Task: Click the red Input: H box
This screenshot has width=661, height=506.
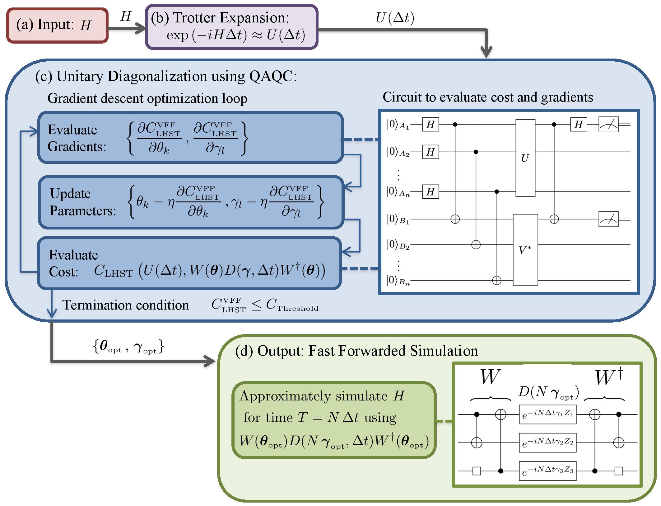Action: tap(58, 25)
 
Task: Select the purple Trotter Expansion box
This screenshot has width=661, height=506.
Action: tap(232, 26)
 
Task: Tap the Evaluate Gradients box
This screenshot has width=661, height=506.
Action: tap(190, 138)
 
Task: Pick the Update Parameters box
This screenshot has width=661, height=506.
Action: tap(191, 202)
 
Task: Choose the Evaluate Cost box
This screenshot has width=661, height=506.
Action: tap(189, 263)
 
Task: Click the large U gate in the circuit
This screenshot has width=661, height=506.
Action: tap(525, 158)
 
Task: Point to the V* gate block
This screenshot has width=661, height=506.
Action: tap(525, 250)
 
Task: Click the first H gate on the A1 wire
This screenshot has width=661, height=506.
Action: tap(431, 125)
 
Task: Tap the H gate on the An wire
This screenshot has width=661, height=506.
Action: tap(431, 192)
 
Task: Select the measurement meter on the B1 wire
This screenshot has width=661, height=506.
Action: tap(608, 219)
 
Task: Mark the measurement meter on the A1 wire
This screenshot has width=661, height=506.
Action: tap(608, 125)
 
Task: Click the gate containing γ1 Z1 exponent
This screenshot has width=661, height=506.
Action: tap(547, 414)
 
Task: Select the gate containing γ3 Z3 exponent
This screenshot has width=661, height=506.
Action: tap(547, 471)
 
